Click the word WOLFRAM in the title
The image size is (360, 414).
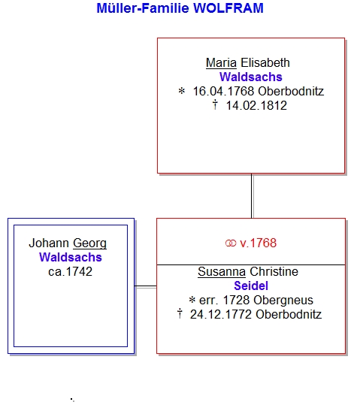pos(228,8)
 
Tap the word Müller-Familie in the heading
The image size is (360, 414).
pos(143,8)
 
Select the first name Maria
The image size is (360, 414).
pos(221,63)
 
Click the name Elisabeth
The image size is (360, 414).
pos(265,63)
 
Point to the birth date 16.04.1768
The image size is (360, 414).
pos(223,92)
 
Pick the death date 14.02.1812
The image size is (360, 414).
pos(256,106)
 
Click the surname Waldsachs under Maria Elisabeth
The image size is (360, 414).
pos(251,77)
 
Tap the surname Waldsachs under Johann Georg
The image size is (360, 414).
pos(71,258)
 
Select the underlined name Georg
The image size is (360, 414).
pos(89,243)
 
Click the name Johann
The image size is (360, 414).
pos(49,243)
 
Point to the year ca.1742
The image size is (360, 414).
pos(70,272)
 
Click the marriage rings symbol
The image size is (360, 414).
pos(231,243)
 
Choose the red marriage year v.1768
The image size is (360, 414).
pos(258,243)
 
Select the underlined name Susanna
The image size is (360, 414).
pos(222,272)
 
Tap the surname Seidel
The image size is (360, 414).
pos(251,286)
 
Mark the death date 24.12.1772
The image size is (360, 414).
pos(221,315)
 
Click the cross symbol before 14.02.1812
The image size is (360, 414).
pos(215,104)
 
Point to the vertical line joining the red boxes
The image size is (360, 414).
pos(252,196)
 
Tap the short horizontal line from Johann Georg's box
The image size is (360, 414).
pos(146,286)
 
